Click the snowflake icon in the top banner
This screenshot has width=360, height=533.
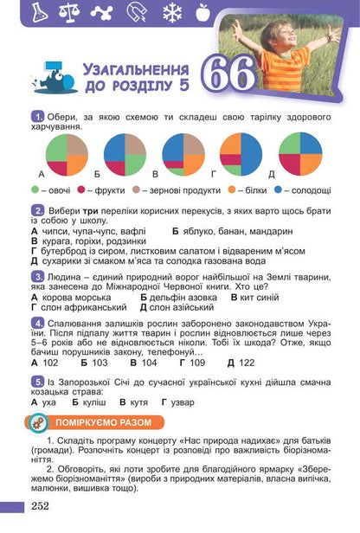[171, 12]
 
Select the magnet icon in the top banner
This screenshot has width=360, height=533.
[138, 12]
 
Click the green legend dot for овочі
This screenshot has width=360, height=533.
[35, 189]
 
